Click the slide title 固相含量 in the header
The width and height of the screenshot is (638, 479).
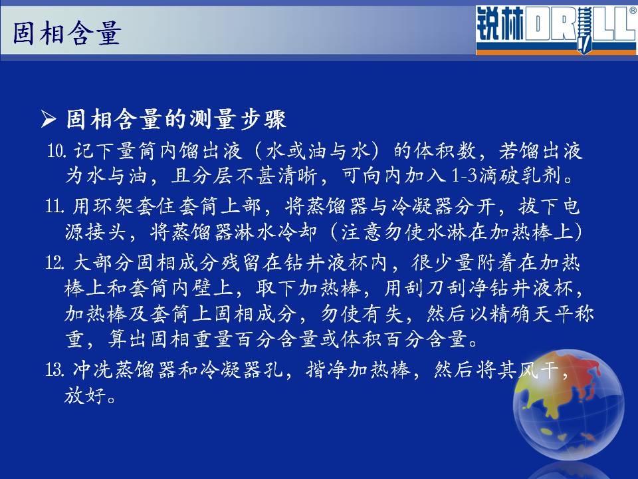coord(67,33)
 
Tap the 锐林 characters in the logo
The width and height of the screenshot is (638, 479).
coord(500,25)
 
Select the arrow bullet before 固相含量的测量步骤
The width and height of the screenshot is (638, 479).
coord(49,119)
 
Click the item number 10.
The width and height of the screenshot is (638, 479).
coord(56,151)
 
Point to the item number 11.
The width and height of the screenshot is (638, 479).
coord(54,206)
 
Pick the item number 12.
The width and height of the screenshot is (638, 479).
coord(55,263)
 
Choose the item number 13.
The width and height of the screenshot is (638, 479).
coord(55,370)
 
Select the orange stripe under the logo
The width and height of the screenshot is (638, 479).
coord(557,52)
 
